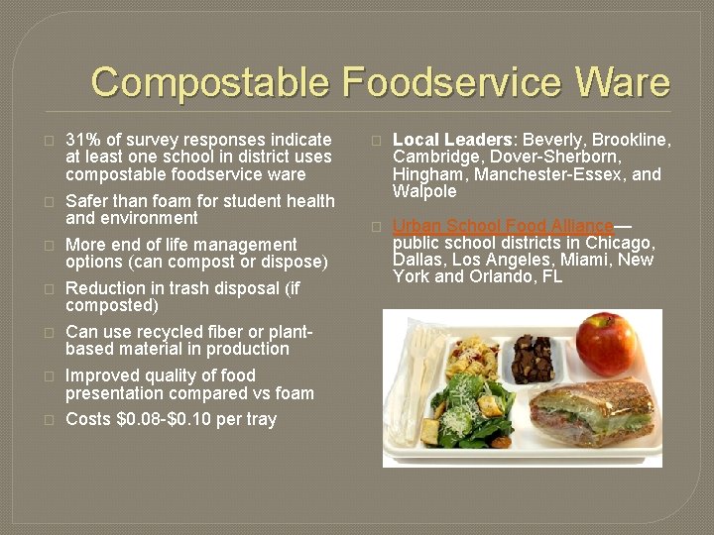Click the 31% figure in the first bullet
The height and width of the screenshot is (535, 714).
tap(81, 140)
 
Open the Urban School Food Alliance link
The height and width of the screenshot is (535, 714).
tap(503, 227)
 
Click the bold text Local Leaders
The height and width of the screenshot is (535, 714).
tap(453, 140)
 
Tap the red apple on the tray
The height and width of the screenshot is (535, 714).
tap(606, 343)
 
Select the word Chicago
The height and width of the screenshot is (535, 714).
tap(620, 243)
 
